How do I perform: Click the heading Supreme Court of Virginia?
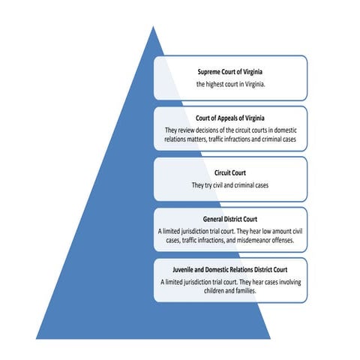(x=230, y=72)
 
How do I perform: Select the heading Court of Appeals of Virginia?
(x=230, y=118)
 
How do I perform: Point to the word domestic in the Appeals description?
(x=285, y=130)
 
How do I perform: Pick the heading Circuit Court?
(x=230, y=172)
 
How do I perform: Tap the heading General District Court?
(x=230, y=219)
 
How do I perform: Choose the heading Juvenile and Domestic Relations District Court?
(x=230, y=270)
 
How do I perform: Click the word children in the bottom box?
(x=214, y=291)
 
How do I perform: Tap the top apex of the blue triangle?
(x=153, y=26)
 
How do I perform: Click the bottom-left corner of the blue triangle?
(x=36, y=339)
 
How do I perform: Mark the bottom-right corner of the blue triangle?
(x=270, y=339)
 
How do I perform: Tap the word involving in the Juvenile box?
(x=290, y=282)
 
